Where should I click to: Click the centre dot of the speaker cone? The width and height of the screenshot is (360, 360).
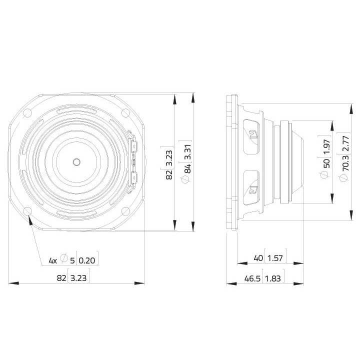pyautogui.click(x=76, y=161)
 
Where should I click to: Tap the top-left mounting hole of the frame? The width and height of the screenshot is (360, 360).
pyautogui.click(x=27, y=113)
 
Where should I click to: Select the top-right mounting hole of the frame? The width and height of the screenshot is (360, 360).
pyautogui.click(x=125, y=113)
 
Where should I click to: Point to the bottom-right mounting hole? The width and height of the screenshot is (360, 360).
pyautogui.click(x=125, y=210)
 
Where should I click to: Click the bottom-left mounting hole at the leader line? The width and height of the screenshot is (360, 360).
pyautogui.click(x=27, y=210)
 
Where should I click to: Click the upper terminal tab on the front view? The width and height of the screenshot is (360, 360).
pyautogui.click(x=133, y=145)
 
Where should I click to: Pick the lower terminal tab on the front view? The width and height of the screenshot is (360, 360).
pyautogui.click(x=133, y=177)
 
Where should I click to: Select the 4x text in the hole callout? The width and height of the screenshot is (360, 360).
pyautogui.click(x=52, y=260)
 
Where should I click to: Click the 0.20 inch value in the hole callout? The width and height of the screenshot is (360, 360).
pyautogui.click(x=88, y=260)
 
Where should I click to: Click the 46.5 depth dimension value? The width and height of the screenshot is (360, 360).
pyautogui.click(x=248, y=278)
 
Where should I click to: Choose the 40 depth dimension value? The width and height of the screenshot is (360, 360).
pyautogui.click(x=258, y=258)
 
